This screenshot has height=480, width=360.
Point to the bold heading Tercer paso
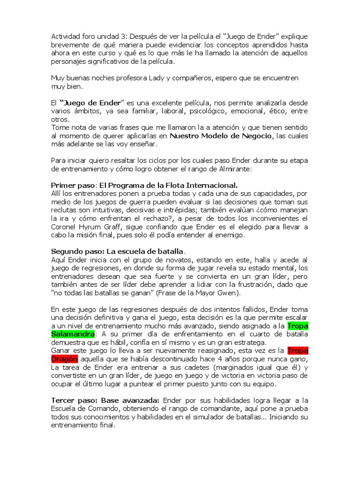click(70, 400)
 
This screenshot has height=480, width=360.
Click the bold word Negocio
click(255, 136)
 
